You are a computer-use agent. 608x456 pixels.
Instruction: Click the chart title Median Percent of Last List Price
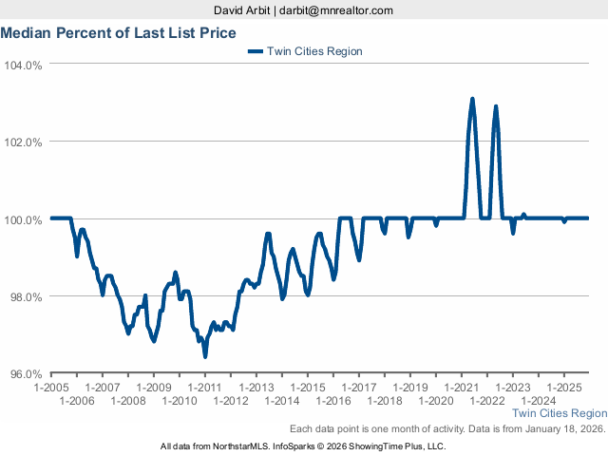pyautogui.click(x=119, y=33)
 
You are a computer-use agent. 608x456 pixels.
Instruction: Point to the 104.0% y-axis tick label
pyautogui.click(x=24, y=65)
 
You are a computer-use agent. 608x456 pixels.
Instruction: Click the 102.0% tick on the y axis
pyautogui.click(x=24, y=142)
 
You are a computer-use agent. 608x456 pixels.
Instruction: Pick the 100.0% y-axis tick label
pyautogui.click(x=24, y=219)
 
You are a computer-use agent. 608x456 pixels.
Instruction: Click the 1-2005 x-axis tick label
pyautogui.click(x=51, y=388)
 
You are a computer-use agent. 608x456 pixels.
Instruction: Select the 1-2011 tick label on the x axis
pyautogui.click(x=205, y=388)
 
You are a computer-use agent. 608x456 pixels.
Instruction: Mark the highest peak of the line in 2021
pyautogui.click(x=472, y=99)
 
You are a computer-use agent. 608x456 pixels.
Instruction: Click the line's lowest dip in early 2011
pyautogui.click(x=205, y=356)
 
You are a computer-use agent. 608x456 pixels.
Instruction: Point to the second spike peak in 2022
pyautogui.click(x=496, y=106)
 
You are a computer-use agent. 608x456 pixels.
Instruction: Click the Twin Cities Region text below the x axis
pyautogui.click(x=560, y=414)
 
